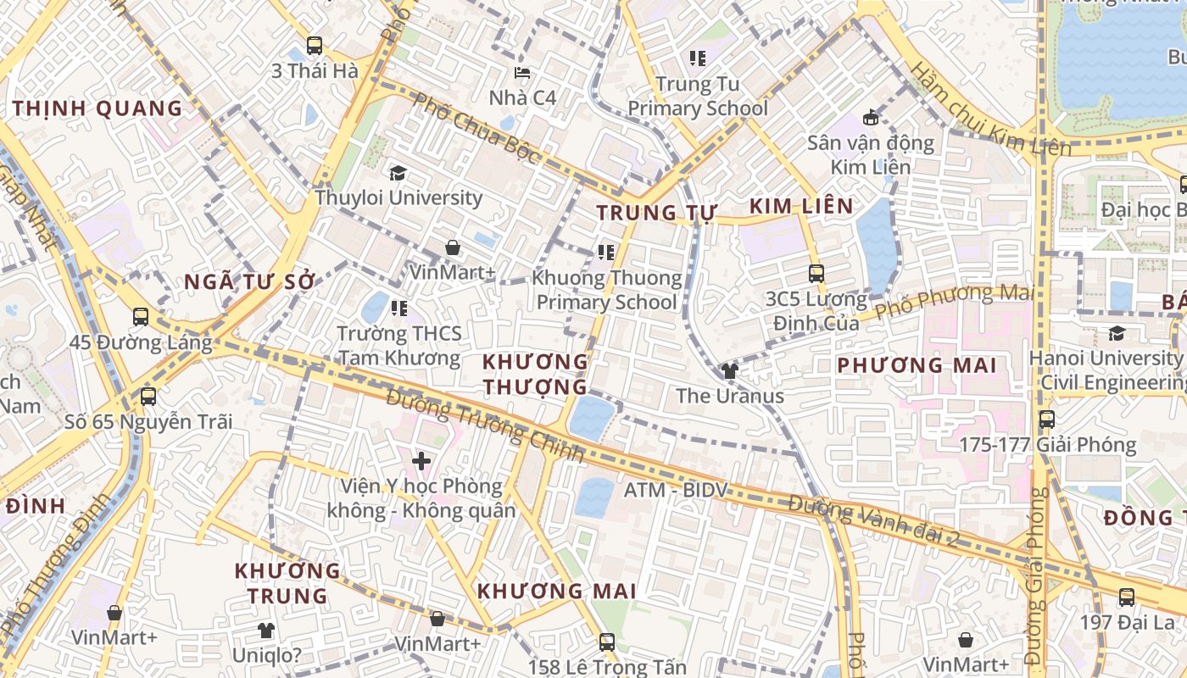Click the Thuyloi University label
[x=398, y=198]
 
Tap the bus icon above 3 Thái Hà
[x=315, y=46]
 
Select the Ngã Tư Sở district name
[x=249, y=282]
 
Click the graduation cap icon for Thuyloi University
[x=398, y=174]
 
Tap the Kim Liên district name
[x=801, y=206]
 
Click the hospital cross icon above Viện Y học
[x=421, y=461]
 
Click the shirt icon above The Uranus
[x=729, y=370]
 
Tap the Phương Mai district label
[x=917, y=365]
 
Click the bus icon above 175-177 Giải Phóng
[x=1047, y=420]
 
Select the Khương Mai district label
[x=556, y=591]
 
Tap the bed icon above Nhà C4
[x=523, y=74]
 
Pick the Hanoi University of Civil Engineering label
[x=1106, y=370]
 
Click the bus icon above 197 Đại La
[x=1126, y=597]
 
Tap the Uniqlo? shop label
[x=267, y=655]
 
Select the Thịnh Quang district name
[x=98, y=108]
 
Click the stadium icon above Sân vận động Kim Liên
[x=870, y=117]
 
